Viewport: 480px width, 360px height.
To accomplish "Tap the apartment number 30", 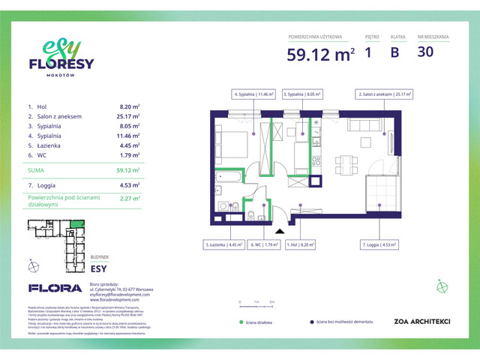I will point(426,52).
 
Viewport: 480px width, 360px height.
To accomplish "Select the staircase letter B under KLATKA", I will point(394,52).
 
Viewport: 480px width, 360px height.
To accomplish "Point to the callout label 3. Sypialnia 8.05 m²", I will point(302,95).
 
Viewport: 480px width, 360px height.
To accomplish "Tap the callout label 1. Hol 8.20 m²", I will point(302,244).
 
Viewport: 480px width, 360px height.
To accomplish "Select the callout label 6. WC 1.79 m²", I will point(264,244).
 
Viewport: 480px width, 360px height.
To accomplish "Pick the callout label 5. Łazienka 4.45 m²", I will point(224,244).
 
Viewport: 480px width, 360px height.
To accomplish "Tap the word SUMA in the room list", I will point(38,170).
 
